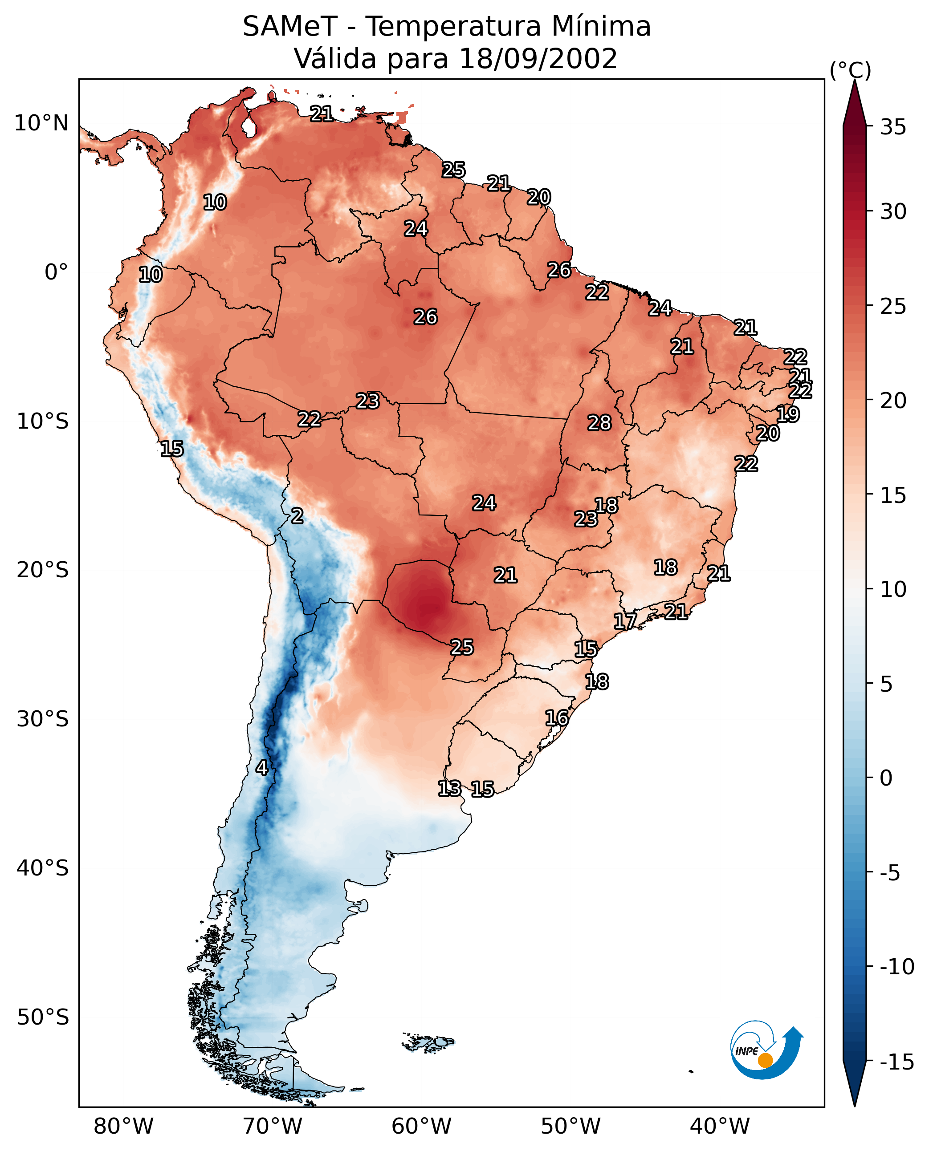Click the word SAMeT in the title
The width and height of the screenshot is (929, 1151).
(290, 27)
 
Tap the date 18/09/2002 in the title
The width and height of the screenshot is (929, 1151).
(538, 59)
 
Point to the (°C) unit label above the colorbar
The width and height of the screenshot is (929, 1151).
(850, 70)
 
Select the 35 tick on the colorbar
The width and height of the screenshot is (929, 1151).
(893, 127)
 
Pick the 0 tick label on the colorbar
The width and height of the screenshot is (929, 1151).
(886, 778)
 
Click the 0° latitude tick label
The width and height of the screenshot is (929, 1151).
(56, 272)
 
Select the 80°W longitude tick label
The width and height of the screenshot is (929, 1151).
(124, 1127)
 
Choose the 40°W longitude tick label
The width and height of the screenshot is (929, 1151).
(720, 1127)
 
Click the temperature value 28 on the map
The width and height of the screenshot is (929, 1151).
(599, 423)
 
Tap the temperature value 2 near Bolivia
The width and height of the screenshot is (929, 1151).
(297, 516)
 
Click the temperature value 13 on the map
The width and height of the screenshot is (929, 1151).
(449, 788)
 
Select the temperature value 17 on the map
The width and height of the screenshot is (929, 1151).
(624, 621)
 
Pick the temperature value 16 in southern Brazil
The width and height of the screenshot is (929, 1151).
(557, 718)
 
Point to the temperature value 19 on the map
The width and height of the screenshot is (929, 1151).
(788, 414)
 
